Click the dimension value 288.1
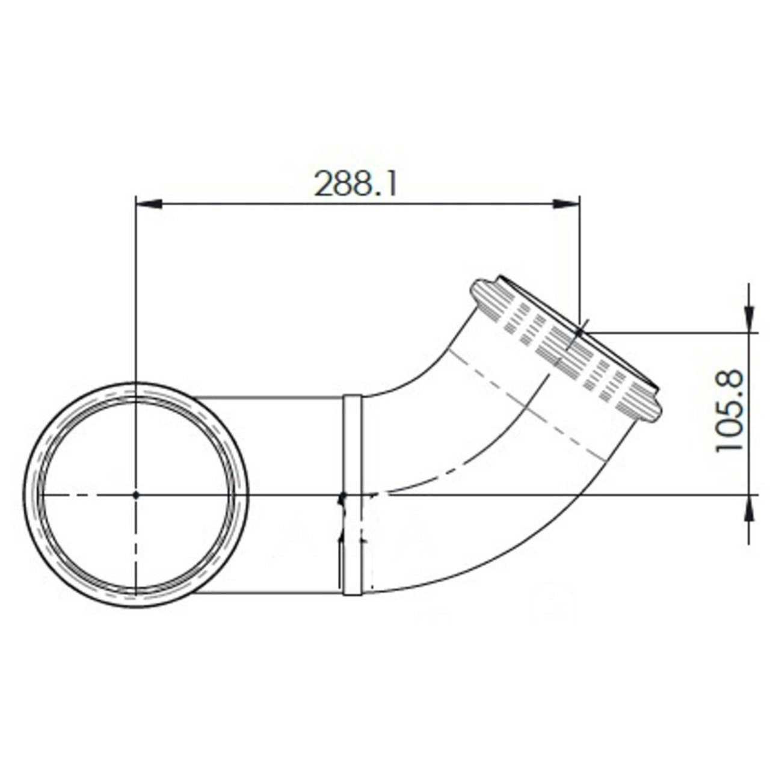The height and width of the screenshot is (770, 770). coord(356,183)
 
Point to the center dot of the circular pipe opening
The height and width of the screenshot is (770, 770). coord(137,494)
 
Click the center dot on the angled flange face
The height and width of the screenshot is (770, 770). coord(579,331)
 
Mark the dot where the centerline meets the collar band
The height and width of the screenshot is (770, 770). coord(342,496)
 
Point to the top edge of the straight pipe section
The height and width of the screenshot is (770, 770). coord(271,396)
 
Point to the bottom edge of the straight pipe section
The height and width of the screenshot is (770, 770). coord(271,593)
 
